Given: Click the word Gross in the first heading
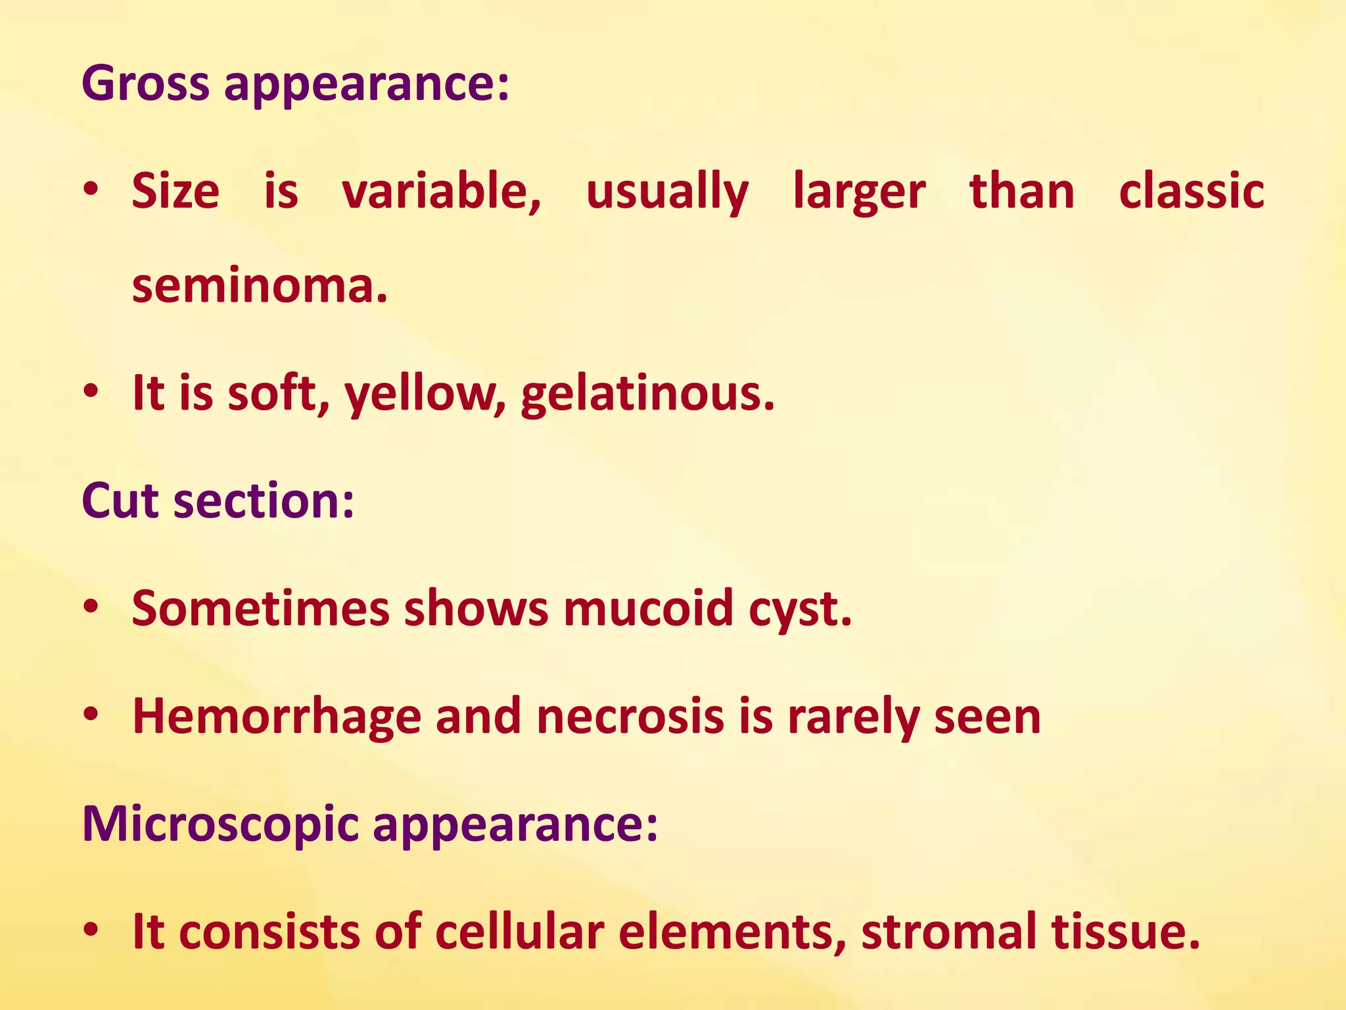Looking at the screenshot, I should coord(145,84).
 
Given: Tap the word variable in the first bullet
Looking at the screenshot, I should coord(442,191).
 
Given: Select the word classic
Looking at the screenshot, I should coord(1191,191).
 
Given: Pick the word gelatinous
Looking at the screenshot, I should coord(647,393).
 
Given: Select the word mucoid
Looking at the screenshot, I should coord(648,608).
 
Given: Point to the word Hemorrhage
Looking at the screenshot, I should coord(277,717).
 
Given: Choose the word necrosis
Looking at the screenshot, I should coord(630,717).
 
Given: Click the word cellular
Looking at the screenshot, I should coord(519,932).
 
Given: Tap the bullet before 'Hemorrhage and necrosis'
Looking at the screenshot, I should coord(91,714).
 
